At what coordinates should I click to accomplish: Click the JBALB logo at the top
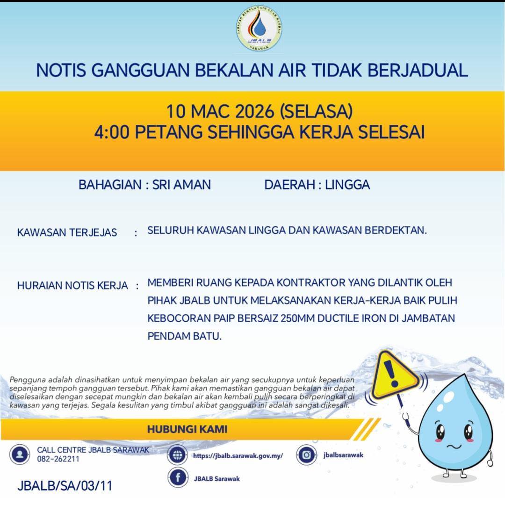[x=259, y=29]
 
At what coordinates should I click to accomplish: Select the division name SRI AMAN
[x=181, y=185]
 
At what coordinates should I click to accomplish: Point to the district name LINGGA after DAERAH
[x=347, y=185]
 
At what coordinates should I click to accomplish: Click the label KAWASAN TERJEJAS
[x=67, y=232]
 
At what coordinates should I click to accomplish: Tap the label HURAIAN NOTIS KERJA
[x=72, y=285]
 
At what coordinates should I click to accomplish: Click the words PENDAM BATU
[x=184, y=336]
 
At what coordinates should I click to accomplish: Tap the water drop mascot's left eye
[x=440, y=432]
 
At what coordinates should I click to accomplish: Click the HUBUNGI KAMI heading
[x=187, y=429]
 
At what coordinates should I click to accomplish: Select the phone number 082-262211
[x=58, y=459]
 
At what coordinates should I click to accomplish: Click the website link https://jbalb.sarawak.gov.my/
[x=238, y=455]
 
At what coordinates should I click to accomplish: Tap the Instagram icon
[x=307, y=455]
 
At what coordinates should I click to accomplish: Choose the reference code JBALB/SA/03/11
[x=65, y=485]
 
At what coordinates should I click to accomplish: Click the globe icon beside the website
[x=178, y=455]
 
